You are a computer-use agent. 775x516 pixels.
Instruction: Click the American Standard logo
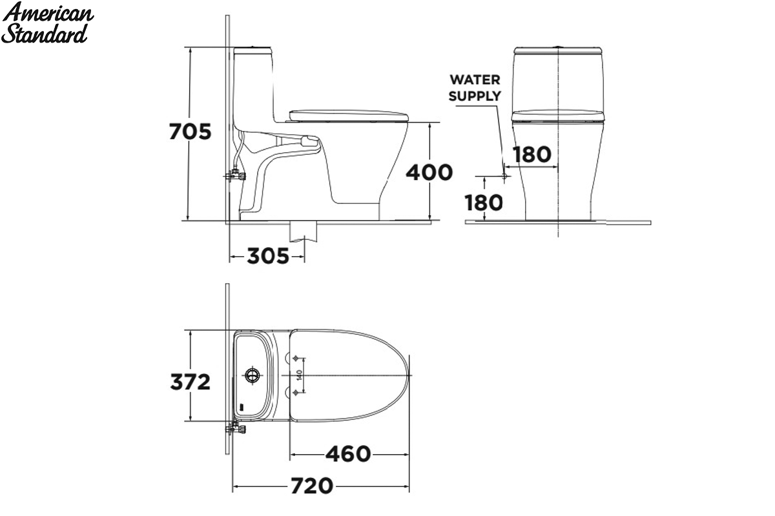pyautogui.click(x=47, y=23)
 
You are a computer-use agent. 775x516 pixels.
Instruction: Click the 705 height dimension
pyautogui.click(x=190, y=132)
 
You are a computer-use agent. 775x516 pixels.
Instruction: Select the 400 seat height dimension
pyautogui.click(x=429, y=172)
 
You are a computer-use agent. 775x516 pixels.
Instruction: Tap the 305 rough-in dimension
pyautogui.click(x=268, y=256)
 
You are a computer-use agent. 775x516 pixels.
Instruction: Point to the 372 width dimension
pyautogui.click(x=190, y=382)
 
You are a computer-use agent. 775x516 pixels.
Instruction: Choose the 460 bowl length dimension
pyautogui.click(x=348, y=454)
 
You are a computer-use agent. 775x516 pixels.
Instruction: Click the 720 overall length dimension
pyautogui.click(x=312, y=486)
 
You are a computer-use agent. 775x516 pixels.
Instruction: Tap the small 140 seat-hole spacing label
pyautogui.click(x=300, y=375)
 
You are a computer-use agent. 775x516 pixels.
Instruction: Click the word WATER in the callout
pyautogui.click(x=475, y=80)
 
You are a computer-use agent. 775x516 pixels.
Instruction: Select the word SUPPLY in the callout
pyautogui.click(x=475, y=96)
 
